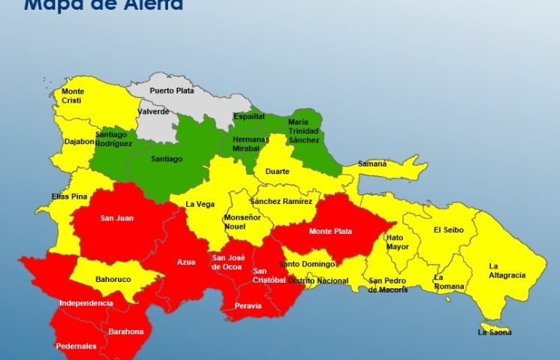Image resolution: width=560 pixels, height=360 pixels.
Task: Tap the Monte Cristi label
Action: (73, 96)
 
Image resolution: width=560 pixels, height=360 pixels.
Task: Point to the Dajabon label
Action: (79, 141)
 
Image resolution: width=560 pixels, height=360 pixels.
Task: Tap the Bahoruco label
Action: (113, 280)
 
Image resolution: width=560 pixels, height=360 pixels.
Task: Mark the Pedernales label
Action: (76, 346)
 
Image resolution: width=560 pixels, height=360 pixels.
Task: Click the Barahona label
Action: (125, 331)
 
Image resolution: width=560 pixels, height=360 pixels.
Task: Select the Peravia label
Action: (248, 306)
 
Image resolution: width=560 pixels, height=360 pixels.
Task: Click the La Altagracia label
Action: (507, 270)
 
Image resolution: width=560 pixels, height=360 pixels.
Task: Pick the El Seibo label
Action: (448, 230)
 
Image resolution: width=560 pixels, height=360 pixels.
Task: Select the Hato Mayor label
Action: (398, 241)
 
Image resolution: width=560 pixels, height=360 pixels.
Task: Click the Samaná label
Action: (372, 163)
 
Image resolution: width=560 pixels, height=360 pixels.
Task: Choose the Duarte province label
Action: (278, 172)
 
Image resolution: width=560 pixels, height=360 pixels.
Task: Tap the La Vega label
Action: (200, 204)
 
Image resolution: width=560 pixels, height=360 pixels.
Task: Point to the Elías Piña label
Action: (70, 196)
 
